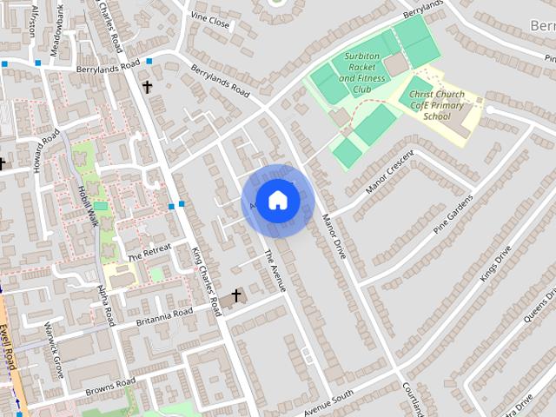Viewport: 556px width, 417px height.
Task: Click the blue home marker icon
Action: click(277, 200)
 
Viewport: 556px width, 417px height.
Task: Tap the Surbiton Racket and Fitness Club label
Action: click(363, 72)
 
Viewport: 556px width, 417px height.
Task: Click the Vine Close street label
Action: click(210, 20)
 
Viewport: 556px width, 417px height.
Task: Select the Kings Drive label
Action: click(496, 263)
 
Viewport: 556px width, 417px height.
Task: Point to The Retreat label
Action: click(149, 253)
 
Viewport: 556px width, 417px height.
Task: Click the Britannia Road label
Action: click(164, 318)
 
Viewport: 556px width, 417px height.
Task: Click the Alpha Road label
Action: click(105, 305)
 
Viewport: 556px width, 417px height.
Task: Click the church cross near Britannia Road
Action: click(235, 296)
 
